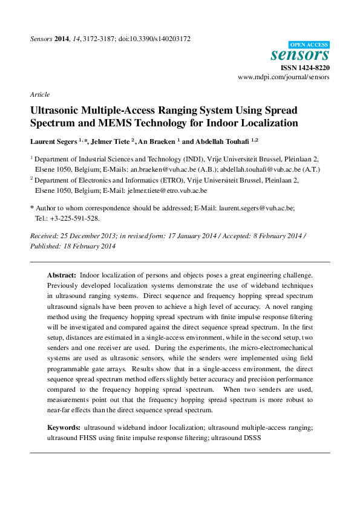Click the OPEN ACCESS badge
click(x=309, y=45)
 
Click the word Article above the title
click(x=39, y=94)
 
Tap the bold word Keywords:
click(x=64, y=427)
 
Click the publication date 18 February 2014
click(x=89, y=246)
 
